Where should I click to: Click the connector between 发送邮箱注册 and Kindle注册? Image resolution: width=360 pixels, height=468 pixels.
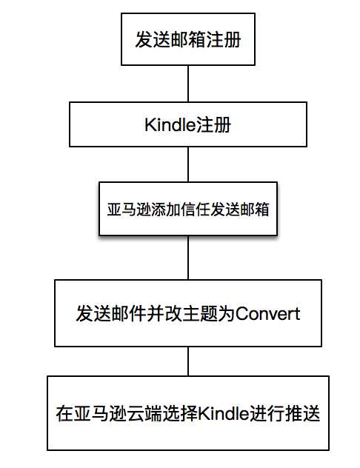click(x=188, y=84)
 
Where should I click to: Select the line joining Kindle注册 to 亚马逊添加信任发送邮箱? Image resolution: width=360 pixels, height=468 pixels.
click(x=188, y=164)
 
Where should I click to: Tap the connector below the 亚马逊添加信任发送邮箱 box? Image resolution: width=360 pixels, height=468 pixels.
click(x=188, y=258)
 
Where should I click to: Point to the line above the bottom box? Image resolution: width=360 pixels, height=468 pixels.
click(x=188, y=361)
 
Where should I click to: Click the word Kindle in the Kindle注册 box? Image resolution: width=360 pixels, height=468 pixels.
click(x=170, y=124)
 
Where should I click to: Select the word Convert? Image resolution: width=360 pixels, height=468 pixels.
click(x=268, y=314)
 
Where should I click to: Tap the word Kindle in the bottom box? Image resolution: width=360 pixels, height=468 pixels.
click(x=223, y=413)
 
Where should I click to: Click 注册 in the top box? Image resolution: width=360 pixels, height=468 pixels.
click(x=224, y=39)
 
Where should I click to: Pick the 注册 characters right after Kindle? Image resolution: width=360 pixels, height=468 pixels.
click(x=213, y=124)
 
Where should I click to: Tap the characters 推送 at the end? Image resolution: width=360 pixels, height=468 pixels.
click(x=303, y=413)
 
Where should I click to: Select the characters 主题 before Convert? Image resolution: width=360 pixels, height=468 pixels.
click(x=200, y=314)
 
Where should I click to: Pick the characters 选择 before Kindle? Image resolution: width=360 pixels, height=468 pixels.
click(x=180, y=413)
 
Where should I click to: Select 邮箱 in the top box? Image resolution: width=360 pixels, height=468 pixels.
click(x=188, y=39)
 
